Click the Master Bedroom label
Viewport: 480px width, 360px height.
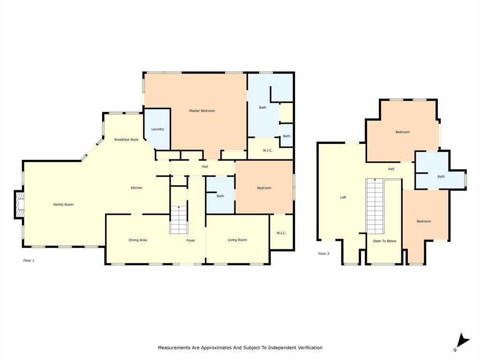tap(202, 111)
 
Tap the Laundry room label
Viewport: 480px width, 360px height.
tap(157, 129)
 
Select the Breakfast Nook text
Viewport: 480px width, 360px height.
tap(127, 140)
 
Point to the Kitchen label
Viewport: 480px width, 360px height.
tap(136, 188)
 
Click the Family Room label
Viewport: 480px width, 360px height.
tap(63, 204)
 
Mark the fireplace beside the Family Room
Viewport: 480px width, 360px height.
tap(19, 205)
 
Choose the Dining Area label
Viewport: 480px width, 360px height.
tap(138, 240)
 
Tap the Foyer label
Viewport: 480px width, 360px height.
tap(191, 240)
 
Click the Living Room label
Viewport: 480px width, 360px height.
tap(237, 240)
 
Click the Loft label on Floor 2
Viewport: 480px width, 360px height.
tap(343, 197)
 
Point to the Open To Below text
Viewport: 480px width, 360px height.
tap(384, 241)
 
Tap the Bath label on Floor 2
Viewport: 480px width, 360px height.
tap(441, 177)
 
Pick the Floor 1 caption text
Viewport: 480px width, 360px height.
tap(29, 260)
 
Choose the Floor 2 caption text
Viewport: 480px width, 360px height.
tap(324, 254)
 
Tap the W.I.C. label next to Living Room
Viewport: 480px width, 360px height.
tap(281, 233)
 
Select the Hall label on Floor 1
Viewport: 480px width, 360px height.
tap(205, 167)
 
